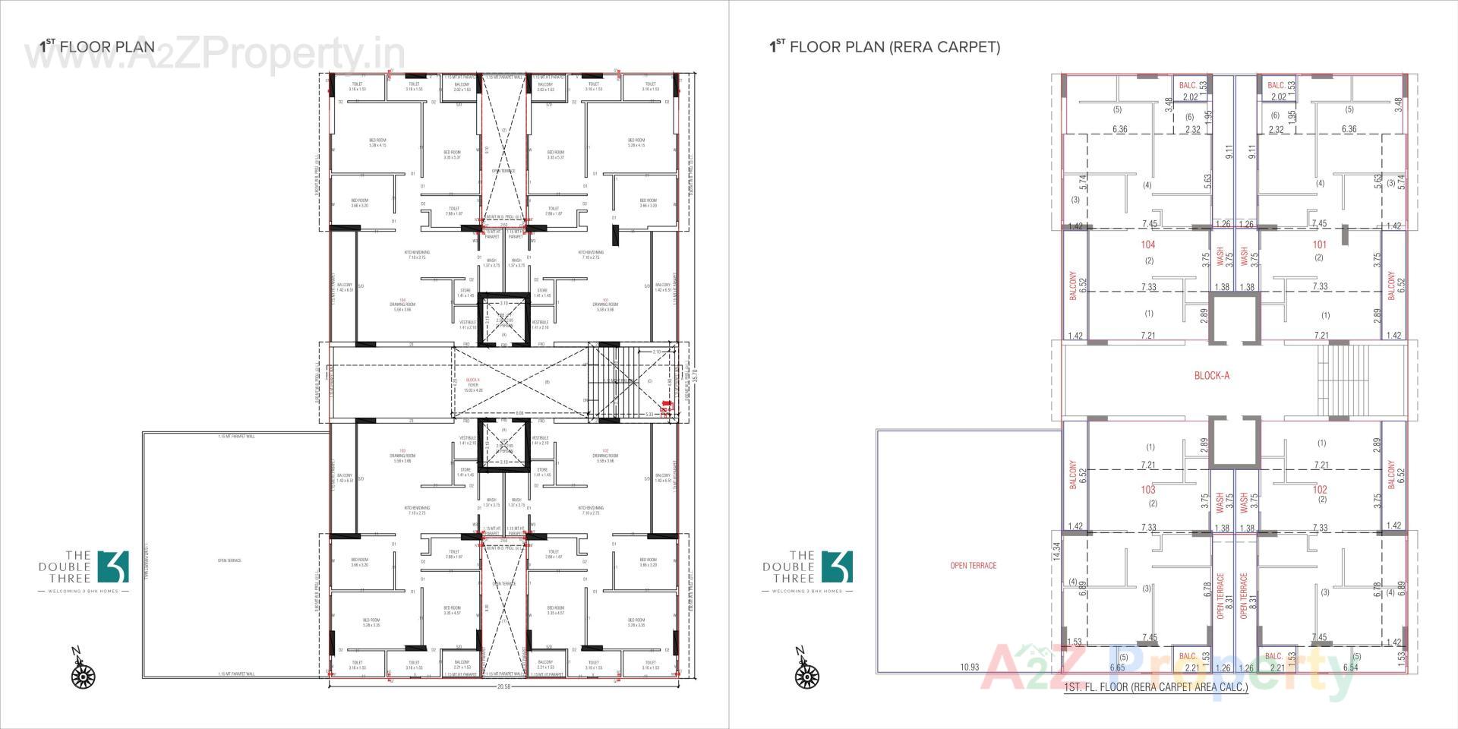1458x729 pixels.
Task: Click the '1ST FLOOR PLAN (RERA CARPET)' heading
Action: tap(885, 47)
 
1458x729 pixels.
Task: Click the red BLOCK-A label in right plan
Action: tap(1211, 376)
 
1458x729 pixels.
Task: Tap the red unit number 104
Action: tap(1147, 245)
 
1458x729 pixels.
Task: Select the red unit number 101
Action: tap(1320, 245)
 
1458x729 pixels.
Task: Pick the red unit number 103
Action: tap(1147, 490)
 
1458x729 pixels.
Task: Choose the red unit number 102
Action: tap(1320, 490)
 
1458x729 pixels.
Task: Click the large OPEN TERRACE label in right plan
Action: tap(973, 566)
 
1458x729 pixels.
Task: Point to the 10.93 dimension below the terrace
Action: tap(969, 667)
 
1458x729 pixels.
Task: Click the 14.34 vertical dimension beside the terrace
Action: tap(1056, 551)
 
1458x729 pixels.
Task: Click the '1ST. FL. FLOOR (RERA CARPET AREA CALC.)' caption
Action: tap(1156, 687)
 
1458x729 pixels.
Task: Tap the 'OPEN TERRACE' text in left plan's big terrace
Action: tap(229, 560)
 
